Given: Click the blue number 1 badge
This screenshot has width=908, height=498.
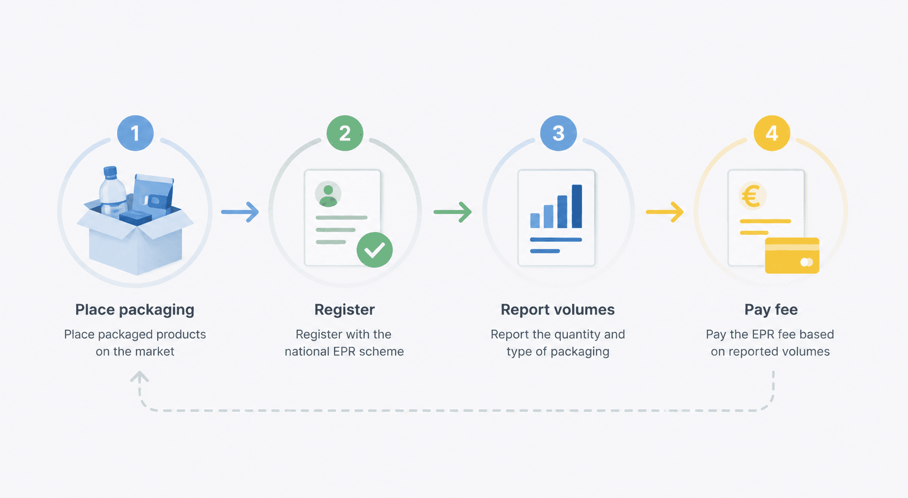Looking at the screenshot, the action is coord(135,133).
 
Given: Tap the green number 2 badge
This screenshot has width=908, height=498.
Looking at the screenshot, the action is coord(345,133).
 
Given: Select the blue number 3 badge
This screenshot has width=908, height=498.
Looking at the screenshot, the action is coord(558,133).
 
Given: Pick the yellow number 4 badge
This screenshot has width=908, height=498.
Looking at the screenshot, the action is coord(772,133).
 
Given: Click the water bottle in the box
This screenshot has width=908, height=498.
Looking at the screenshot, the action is coord(112,190).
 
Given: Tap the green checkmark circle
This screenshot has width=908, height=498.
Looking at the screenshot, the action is coord(374,250).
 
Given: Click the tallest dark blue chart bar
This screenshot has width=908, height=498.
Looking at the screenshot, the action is coord(577,206).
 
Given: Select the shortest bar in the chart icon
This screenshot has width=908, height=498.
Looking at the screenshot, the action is coord(535,220).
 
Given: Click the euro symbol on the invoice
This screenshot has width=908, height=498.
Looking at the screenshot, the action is coord(751,197).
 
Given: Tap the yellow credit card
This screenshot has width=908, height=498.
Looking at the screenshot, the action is coord(792,255).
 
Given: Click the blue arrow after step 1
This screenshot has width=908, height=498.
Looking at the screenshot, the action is coord(240,212).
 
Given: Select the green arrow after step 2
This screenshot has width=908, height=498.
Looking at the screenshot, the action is coord(452,212).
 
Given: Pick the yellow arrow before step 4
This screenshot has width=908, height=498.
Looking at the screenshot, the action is coord(665,212).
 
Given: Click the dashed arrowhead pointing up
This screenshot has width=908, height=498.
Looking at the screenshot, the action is coord(139,377).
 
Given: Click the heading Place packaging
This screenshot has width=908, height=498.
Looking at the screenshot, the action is coord(135,310).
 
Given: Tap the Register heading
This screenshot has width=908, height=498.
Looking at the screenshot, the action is coord(344,310).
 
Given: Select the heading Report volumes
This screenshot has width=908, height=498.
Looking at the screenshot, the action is coord(558,310).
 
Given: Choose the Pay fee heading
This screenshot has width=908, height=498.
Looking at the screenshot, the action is coord(771,310).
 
